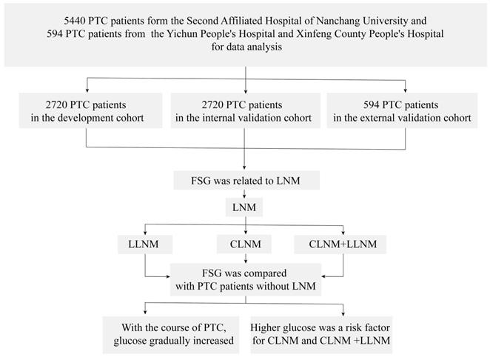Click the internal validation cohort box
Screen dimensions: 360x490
(245, 110)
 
